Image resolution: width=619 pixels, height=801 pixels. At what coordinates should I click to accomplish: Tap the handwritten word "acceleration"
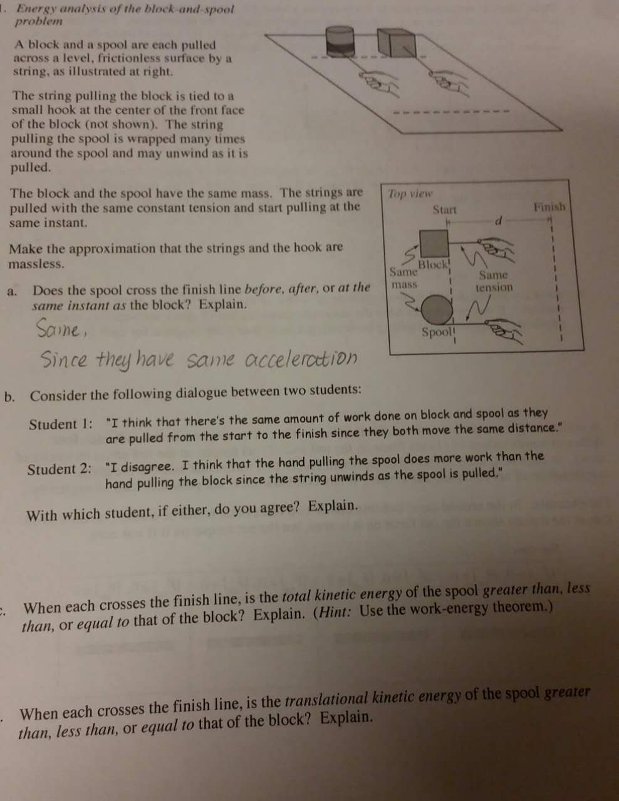pos(301,358)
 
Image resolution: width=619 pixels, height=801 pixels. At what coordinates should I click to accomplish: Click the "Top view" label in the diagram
pos(410,193)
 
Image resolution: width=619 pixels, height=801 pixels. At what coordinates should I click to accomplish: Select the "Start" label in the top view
pos(444,210)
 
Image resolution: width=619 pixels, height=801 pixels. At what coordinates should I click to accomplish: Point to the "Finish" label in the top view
pos(549,207)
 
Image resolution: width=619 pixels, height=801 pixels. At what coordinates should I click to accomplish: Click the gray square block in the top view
pos(434,243)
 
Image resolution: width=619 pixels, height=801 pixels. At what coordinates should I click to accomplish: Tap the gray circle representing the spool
pos(437,310)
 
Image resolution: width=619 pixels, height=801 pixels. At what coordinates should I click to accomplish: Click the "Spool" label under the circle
pos(438,332)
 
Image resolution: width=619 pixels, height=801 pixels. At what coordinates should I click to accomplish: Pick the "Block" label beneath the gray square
pos(434,264)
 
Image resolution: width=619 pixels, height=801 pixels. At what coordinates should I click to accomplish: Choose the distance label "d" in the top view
pos(498,221)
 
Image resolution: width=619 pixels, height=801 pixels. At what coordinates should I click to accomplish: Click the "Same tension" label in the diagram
pos(494,281)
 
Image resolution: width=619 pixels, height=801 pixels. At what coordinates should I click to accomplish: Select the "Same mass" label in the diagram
pos(403,278)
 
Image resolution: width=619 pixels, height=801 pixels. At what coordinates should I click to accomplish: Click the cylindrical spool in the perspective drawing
pos(340,42)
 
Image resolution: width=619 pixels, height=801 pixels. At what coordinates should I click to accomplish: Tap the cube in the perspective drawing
pos(397,43)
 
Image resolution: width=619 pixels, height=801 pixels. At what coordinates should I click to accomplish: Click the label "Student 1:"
pos(61,424)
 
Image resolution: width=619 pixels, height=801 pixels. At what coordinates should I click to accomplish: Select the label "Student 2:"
pos(59,469)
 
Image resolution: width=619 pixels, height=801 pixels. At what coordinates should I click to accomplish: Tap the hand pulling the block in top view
pos(497,249)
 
